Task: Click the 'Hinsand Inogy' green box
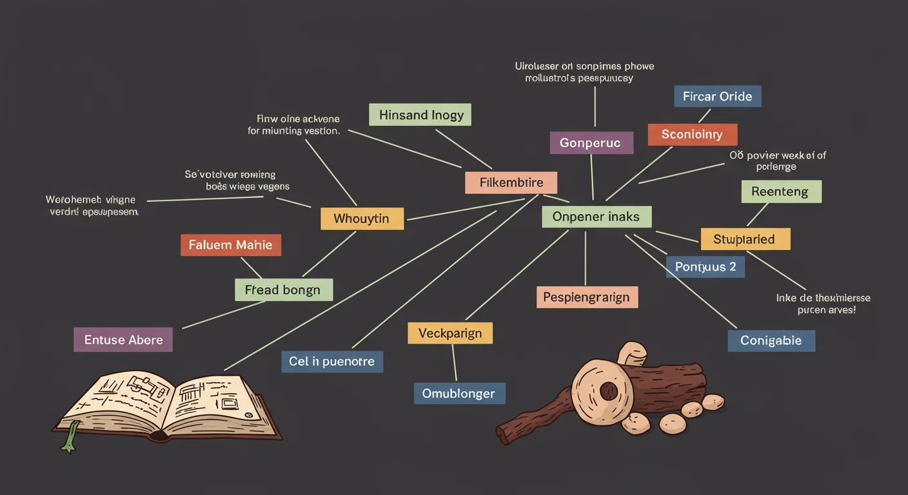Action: pos(420,115)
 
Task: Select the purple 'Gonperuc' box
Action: pos(591,142)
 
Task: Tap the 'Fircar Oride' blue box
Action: pos(717,96)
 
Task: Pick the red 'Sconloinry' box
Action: pos(692,135)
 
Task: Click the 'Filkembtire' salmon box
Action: pos(511,182)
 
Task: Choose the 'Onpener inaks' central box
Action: pos(597,217)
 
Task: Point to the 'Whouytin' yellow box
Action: pos(362,218)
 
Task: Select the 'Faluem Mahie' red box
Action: pos(230,245)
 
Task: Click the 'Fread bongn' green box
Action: pos(283,290)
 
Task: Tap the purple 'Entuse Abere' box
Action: pos(123,340)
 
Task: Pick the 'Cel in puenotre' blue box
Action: pos(332,362)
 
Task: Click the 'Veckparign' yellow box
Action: pos(449,333)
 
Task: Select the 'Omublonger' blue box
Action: pos(459,393)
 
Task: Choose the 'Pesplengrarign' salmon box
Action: pos(587,297)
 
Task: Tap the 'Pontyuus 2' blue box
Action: pos(705,267)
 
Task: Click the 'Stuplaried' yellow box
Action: pos(745,239)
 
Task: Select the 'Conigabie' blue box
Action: pos(771,340)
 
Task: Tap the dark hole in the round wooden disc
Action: pos(608,391)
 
